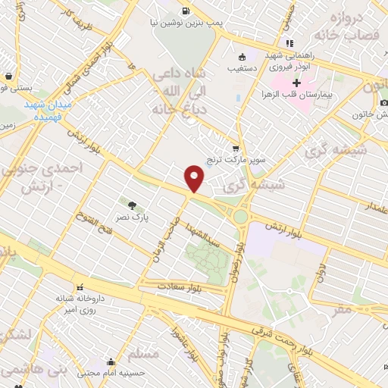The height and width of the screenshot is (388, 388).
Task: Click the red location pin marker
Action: coord(195,178)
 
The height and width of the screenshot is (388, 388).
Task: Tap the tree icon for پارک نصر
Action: coord(133,204)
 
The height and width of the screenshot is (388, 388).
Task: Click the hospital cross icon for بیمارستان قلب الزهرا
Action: coord(296,82)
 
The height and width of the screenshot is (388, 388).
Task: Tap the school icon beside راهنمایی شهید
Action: coord(288,42)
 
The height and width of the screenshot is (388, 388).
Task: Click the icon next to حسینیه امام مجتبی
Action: coord(112,361)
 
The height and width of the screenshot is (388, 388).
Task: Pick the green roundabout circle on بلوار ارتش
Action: coord(240,216)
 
